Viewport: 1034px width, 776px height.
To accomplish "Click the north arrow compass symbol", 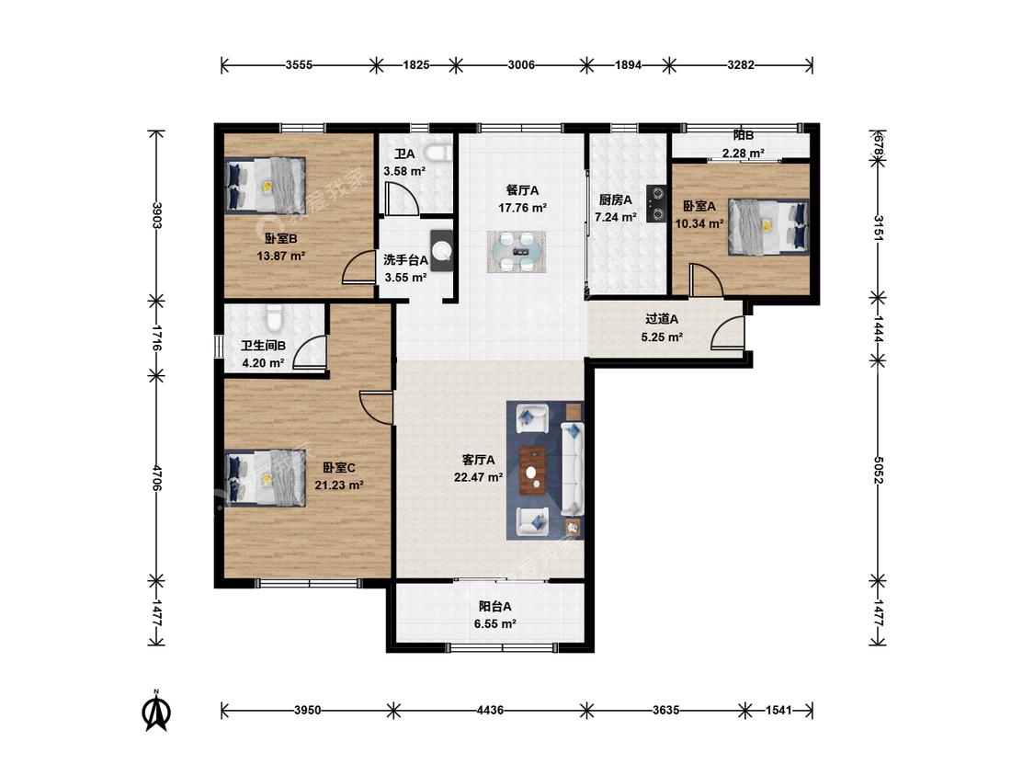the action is point(157,712).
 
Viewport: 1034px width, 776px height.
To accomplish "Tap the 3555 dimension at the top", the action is point(299,64).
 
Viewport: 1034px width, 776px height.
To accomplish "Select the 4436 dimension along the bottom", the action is point(490,710).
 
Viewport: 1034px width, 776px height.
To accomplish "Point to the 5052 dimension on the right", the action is point(878,470).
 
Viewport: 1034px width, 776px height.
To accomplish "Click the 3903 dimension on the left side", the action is point(157,215).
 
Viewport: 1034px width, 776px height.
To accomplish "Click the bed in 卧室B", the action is point(265,186).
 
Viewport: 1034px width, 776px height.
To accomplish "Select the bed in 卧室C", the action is point(265,478).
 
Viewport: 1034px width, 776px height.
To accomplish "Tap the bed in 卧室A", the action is point(768,226).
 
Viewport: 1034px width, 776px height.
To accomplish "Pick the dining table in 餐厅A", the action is point(517,251).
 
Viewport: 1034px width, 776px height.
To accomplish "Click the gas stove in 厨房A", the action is point(656,202).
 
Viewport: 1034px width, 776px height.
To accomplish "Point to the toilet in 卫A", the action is point(437,154).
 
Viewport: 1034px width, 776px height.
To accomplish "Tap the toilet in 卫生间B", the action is point(275,317).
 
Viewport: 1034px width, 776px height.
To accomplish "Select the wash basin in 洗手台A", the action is point(442,251).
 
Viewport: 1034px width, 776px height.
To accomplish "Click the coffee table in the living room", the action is point(532,471).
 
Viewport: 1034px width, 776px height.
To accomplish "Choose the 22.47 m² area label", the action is point(478,477).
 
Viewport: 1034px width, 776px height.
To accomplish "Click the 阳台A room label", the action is point(494,607).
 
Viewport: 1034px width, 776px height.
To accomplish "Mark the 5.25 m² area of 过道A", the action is point(662,337).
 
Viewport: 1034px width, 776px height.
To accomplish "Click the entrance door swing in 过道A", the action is point(728,333).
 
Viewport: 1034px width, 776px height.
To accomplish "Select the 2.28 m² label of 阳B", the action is point(744,154).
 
